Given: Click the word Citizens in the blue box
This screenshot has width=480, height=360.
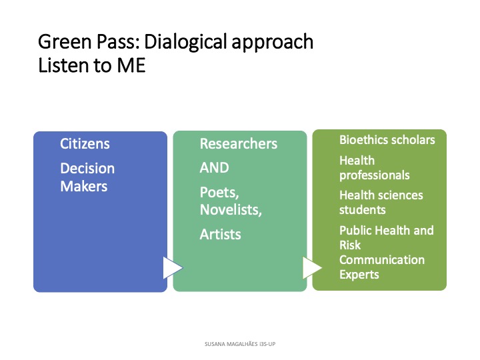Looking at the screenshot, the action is (85, 143).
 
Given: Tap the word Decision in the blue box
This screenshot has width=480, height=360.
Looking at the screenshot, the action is (87, 169).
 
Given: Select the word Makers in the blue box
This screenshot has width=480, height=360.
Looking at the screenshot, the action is (84, 186).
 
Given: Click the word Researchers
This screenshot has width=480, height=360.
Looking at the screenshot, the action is (239, 143).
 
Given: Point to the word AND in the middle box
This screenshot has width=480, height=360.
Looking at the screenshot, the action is (214, 168).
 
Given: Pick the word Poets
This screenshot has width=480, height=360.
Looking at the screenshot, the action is (219, 193).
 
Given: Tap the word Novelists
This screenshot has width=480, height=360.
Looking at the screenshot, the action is (231, 210).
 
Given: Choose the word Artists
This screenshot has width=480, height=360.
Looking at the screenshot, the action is (221, 235).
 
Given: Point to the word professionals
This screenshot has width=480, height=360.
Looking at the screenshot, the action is (375, 175).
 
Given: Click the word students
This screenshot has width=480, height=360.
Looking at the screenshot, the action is (363, 210).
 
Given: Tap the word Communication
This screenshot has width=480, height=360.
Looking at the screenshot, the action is (382, 260).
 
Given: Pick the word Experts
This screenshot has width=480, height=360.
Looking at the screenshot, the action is (359, 275).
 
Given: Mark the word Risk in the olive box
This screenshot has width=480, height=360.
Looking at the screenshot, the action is (350, 245).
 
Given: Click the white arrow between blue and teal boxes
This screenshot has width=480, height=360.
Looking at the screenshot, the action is (173, 268).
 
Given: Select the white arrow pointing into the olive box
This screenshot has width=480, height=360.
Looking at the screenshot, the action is (312, 268).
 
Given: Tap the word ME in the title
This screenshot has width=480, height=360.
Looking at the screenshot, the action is (131, 65).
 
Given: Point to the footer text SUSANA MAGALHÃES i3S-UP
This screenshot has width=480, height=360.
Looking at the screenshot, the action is (240, 344).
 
